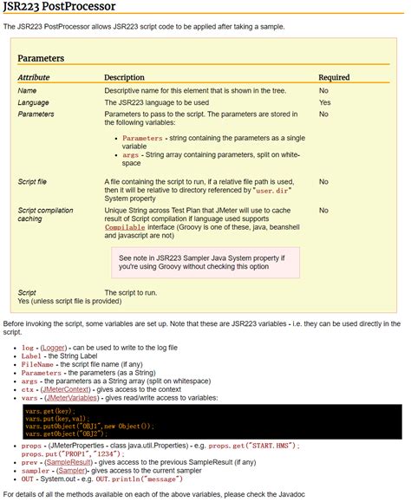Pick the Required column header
coord(334,77)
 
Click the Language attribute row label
coord(34,102)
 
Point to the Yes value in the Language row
coord(324,102)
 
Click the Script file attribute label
coord(32,182)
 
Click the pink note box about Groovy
coord(205,263)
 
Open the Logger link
coord(54,347)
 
